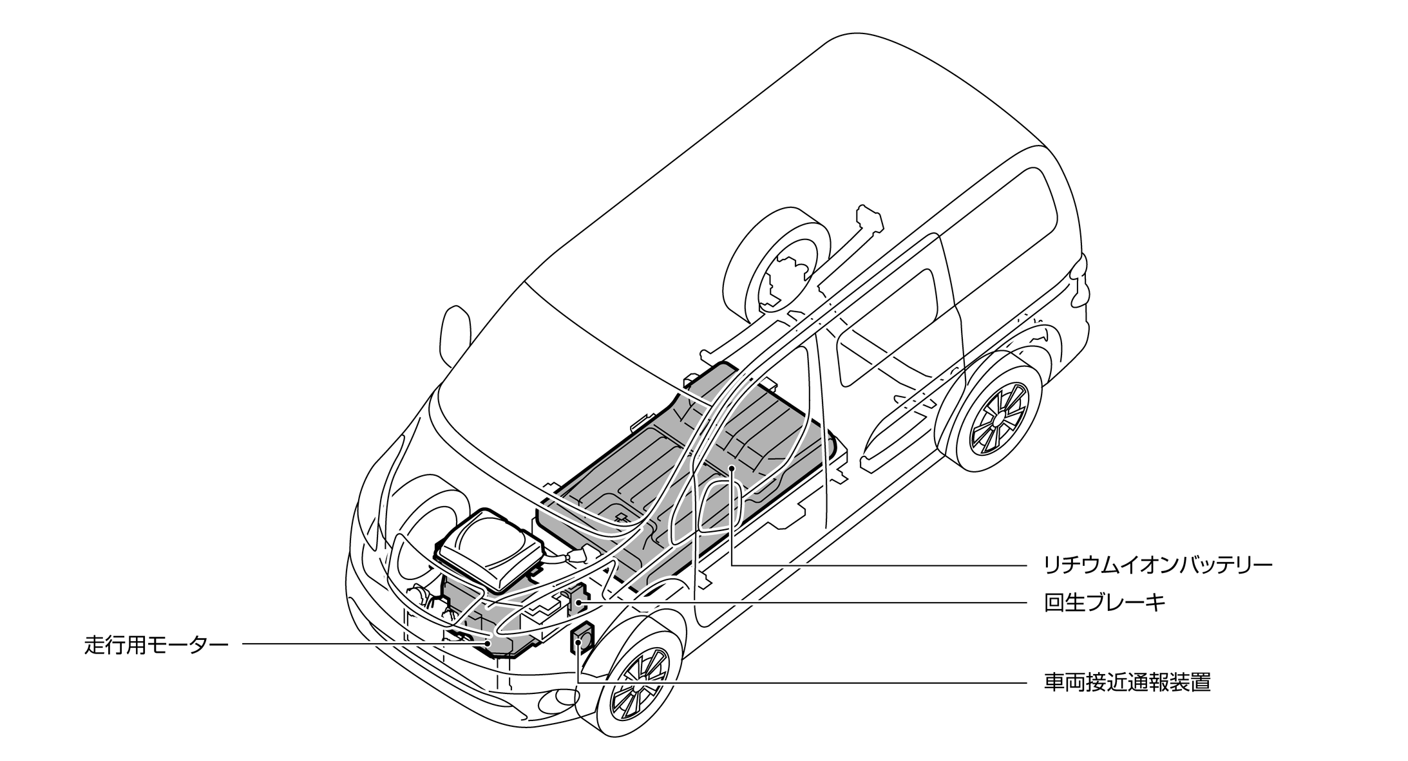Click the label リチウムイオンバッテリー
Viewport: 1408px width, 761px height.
click(1157, 565)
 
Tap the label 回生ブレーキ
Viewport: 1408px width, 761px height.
click(1104, 603)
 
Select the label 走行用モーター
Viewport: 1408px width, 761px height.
click(157, 644)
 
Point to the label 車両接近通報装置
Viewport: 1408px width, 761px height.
click(1127, 682)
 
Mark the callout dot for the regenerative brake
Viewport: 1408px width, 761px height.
click(578, 603)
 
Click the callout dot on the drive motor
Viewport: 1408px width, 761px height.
click(488, 643)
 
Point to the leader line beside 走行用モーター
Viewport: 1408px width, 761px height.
click(361, 644)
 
